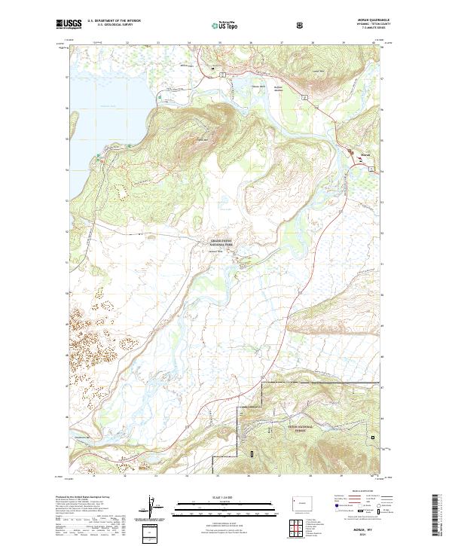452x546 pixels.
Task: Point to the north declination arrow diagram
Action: [151, 510]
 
